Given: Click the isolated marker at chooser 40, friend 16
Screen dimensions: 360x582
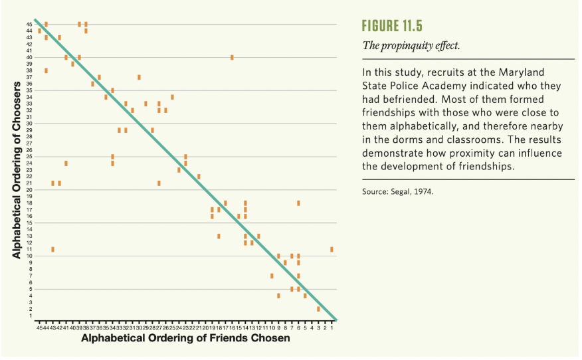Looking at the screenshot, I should click(232, 57).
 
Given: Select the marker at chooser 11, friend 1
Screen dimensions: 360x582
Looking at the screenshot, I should click(332, 249).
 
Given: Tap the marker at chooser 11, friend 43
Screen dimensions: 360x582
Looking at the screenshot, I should click(52, 249).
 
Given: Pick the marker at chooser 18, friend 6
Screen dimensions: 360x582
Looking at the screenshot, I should click(298, 203).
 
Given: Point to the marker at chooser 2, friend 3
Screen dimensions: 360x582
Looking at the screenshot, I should click(318, 309).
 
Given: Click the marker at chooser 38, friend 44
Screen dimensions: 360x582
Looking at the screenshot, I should click(46, 70).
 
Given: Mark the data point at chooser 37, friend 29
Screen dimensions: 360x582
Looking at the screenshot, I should click(139, 77).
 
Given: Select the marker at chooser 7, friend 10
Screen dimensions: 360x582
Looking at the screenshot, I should click(272, 276).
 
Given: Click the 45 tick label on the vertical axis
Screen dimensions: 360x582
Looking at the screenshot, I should click(29, 24).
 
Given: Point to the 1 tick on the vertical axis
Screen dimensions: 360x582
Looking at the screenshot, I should click(29, 315).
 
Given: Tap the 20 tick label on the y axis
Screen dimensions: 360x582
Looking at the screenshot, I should click(29, 189).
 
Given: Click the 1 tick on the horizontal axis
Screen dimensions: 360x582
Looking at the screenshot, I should click(332, 327).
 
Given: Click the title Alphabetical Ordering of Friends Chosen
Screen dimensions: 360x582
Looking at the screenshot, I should click(185, 339).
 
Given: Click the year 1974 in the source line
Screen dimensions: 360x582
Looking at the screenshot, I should click(430, 192).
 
